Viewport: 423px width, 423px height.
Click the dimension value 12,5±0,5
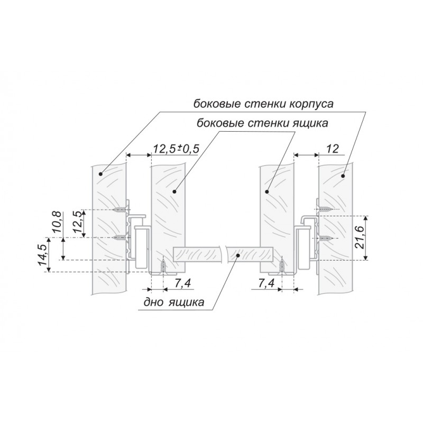pos(176,149)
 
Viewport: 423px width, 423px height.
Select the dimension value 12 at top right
pos(332,149)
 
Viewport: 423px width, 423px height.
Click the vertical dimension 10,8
pos(57,222)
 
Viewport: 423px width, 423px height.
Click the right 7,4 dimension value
pos(266,283)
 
